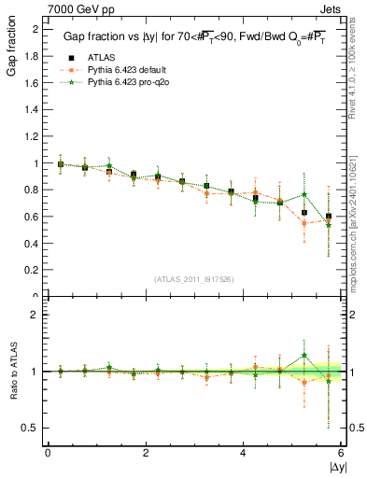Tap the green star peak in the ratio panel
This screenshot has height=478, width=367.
304,355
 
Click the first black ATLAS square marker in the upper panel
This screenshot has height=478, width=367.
61,164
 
